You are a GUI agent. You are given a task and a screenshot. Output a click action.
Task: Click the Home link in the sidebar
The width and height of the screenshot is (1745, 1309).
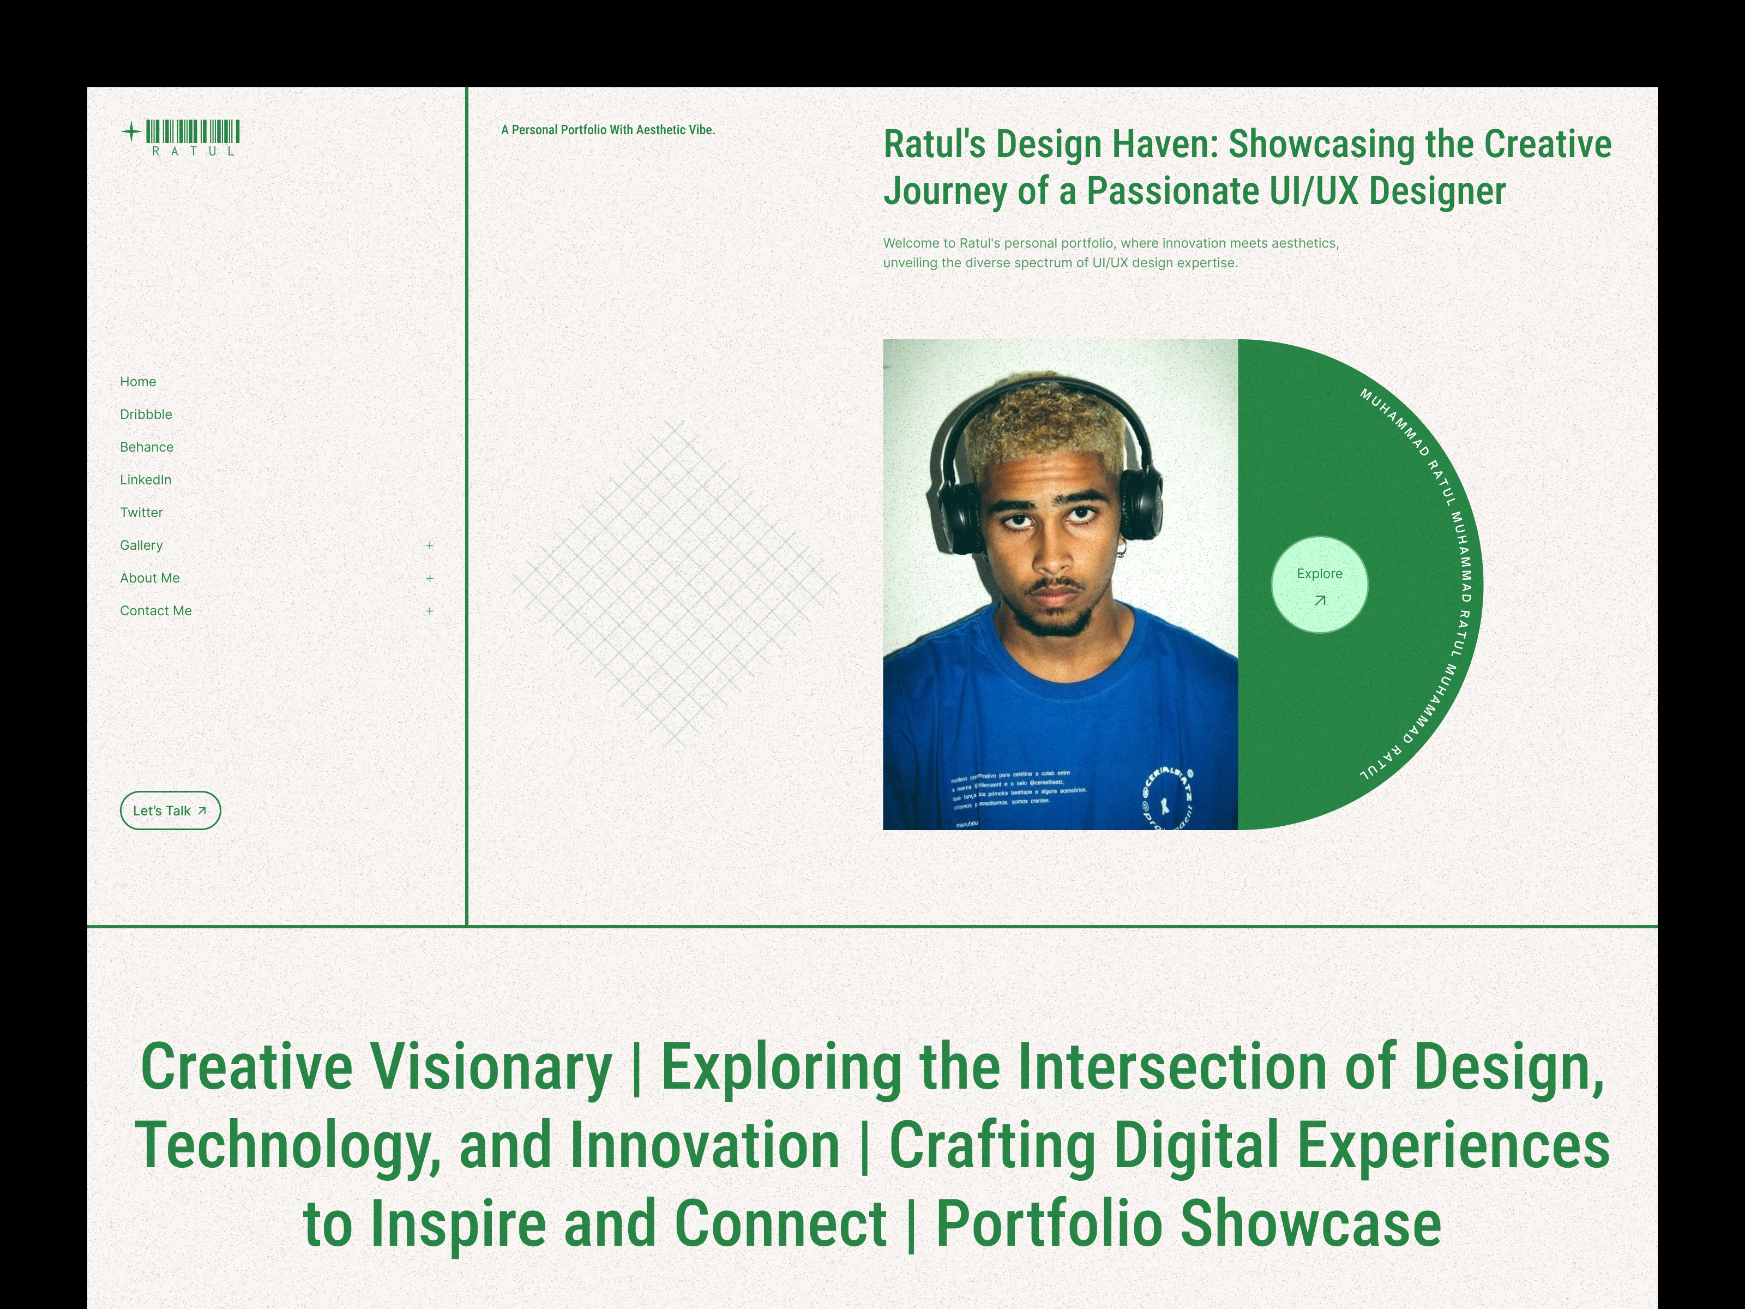coord(138,382)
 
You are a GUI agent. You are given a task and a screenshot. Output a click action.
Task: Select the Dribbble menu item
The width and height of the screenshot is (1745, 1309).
coord(146,414)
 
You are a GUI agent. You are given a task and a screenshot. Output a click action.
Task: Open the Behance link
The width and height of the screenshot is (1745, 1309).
coord(147,447)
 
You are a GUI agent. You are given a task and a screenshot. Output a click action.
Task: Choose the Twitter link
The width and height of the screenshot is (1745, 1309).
coord(141,513)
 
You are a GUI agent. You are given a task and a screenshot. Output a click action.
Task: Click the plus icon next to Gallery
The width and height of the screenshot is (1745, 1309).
coord(430,545)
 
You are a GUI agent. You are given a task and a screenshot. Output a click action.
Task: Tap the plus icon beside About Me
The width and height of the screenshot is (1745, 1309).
coord(430,578)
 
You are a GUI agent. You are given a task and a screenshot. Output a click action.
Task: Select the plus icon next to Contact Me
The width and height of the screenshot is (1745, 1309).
coord(430,611)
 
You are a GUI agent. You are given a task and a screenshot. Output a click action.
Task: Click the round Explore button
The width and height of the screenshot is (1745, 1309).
coord(1320,585)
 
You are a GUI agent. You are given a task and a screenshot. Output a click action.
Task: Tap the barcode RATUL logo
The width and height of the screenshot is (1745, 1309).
coord(193,137)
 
